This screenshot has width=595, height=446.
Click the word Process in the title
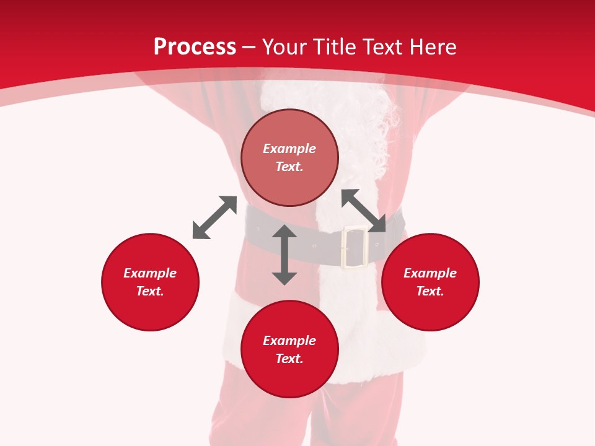[195, 47]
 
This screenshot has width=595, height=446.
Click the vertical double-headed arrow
[284, 255]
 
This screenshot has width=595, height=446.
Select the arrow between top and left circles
[214, 217]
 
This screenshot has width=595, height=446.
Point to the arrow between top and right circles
[363, 211]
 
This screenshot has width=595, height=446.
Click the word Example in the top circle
[289, 149]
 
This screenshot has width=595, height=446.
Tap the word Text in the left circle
[150, 291]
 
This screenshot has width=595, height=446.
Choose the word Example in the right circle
[430, 273]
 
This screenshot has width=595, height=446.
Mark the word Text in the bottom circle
[289, 359]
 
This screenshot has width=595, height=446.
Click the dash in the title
[249, 47]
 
